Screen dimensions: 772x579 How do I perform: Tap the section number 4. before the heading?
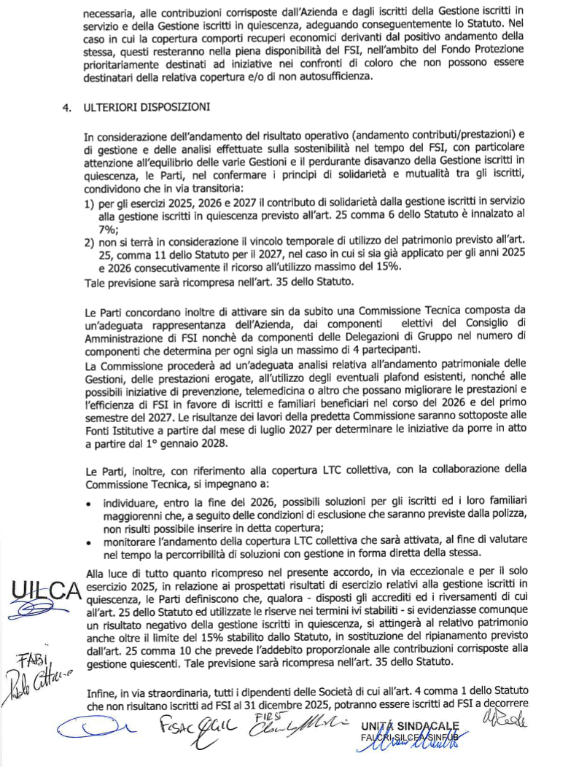67,108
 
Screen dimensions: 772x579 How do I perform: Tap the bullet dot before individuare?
88,503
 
